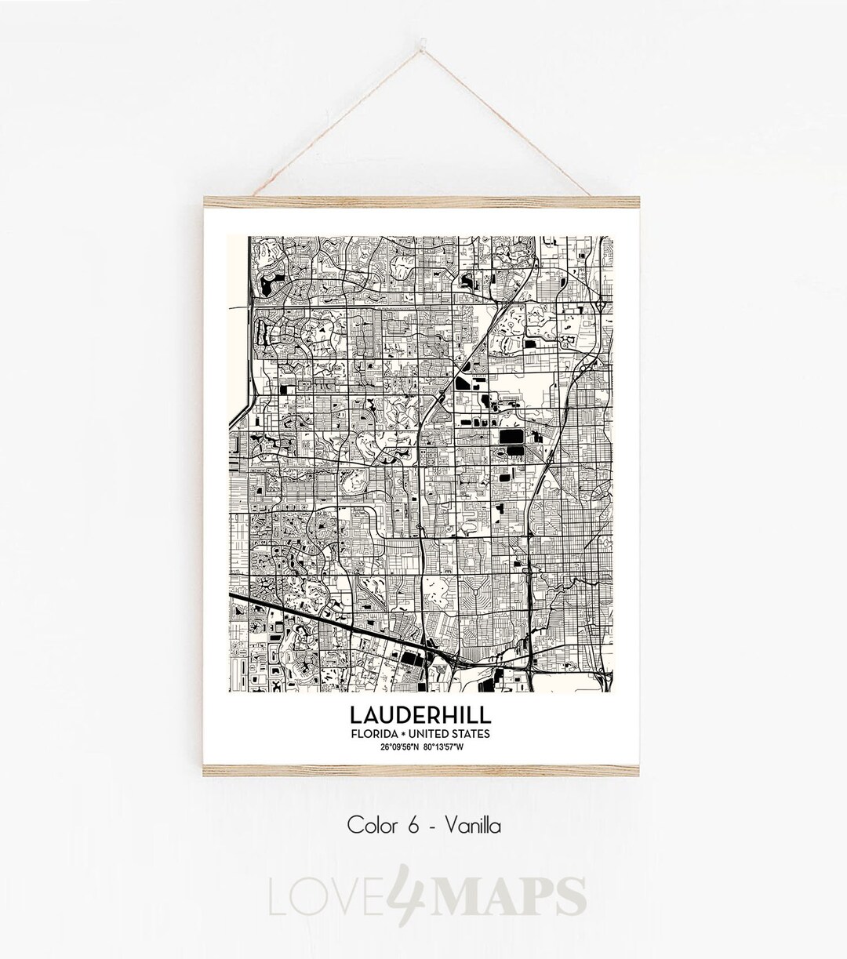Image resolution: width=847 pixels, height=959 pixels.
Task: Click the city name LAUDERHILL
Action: (423, 715)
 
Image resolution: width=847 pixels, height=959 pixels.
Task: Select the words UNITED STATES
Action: (452, 734)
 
